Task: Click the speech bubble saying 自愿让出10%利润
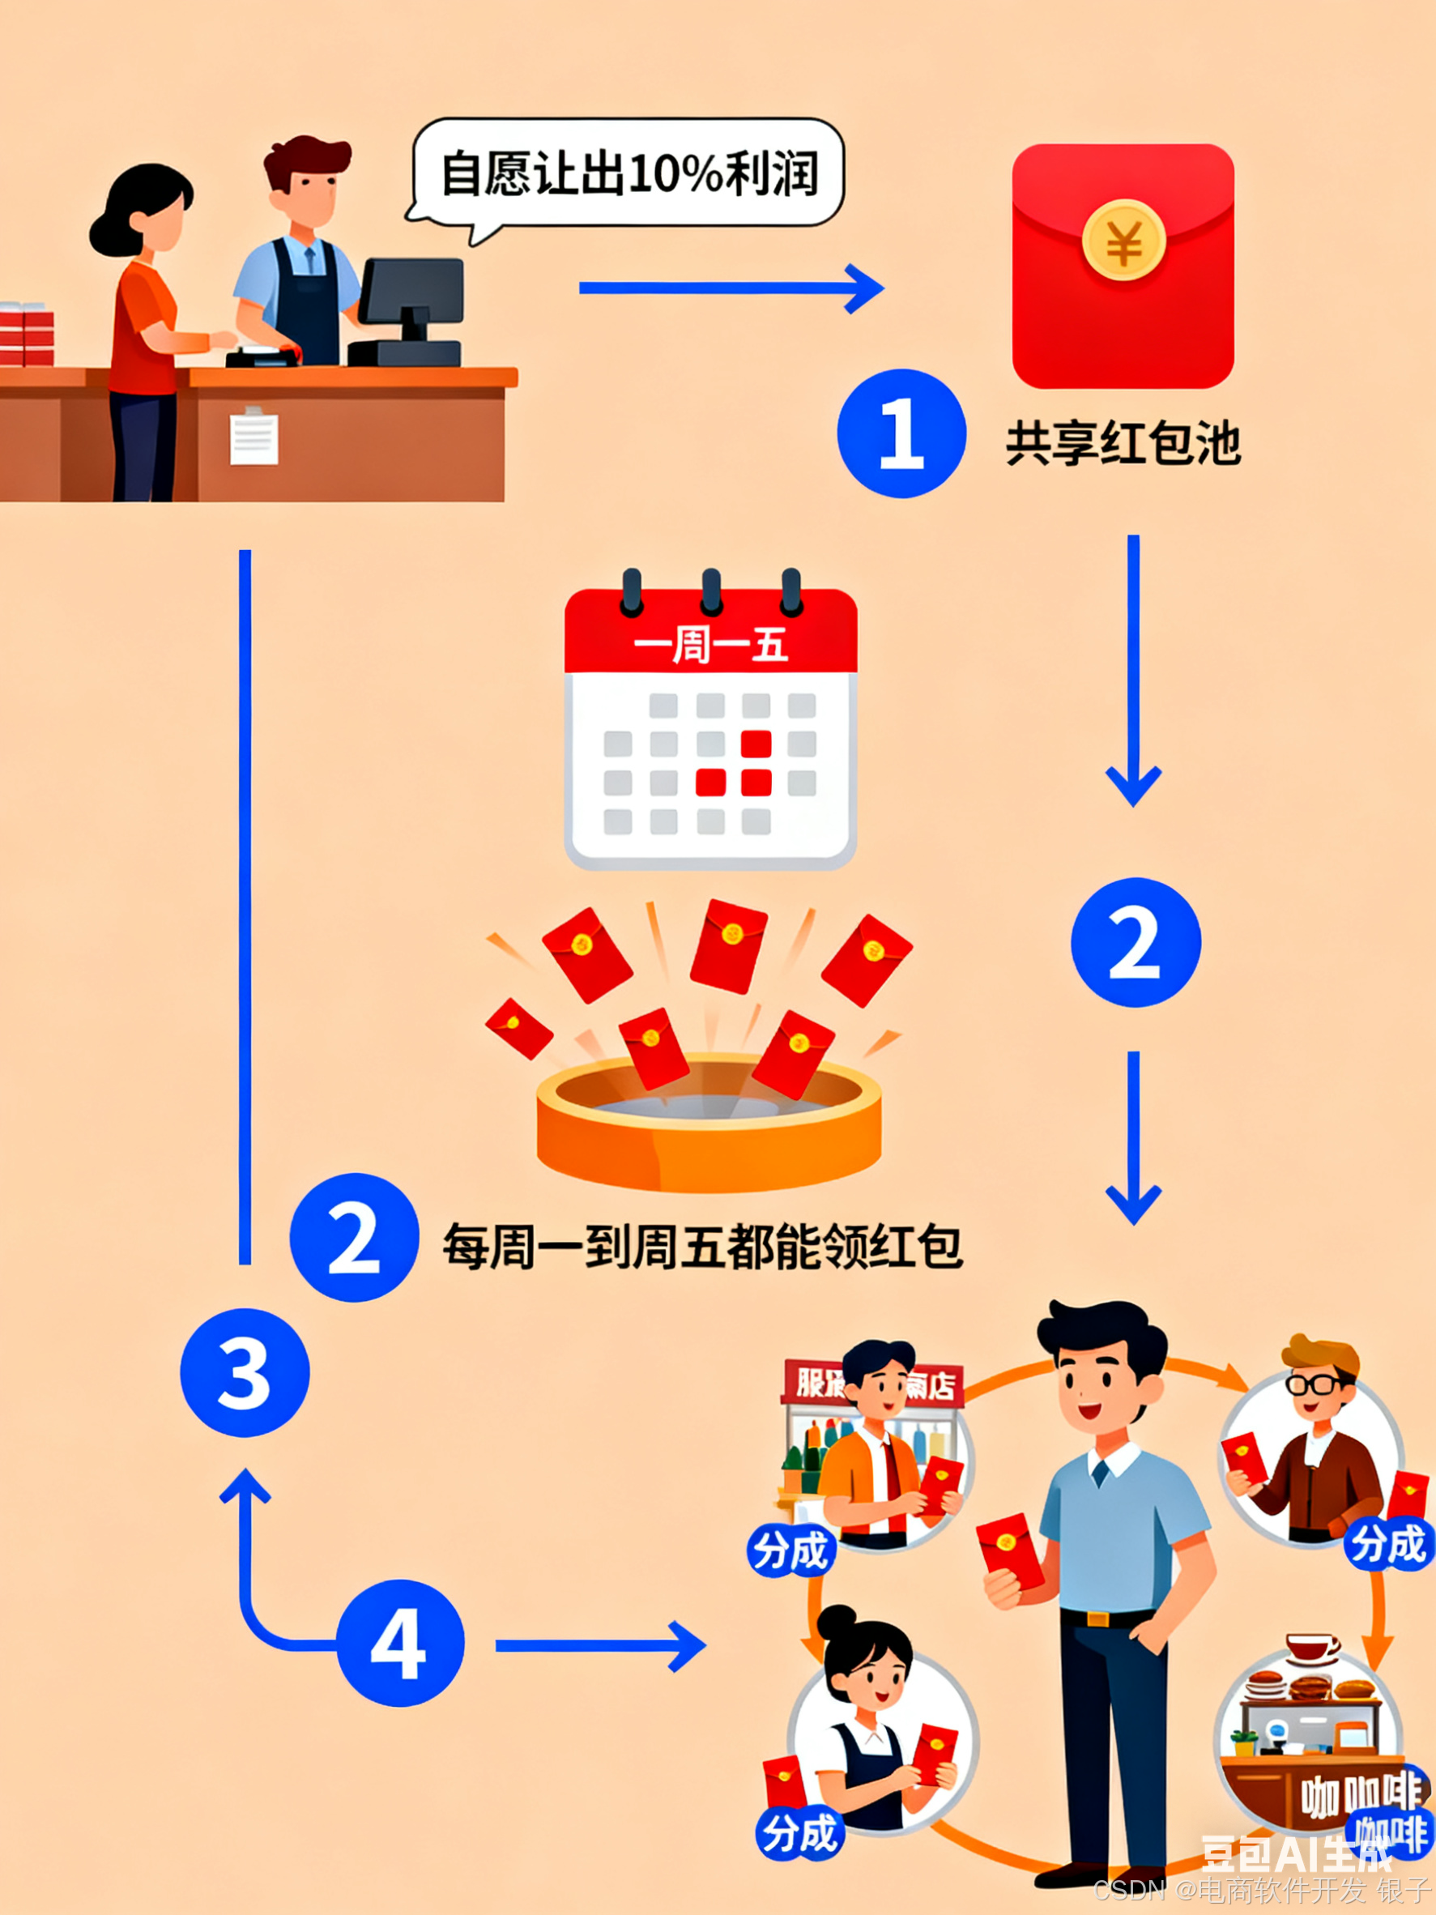629,173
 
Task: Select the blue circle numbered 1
901,433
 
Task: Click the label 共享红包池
1123,444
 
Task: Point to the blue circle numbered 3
244,1372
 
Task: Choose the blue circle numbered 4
399,1643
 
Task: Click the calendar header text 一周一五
710,645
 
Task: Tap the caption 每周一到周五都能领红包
702,1247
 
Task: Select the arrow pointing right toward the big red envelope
731,288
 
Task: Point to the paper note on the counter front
254,437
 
